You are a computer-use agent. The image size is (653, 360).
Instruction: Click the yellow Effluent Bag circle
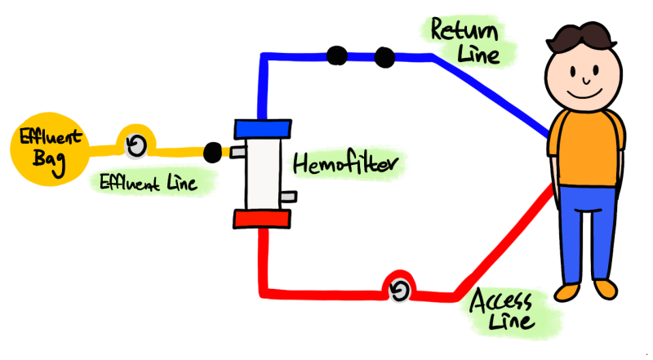click(x=37, y=146)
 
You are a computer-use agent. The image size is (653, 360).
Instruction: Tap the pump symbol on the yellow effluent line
click(x=136, y=146)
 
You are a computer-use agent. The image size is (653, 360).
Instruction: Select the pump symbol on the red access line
click(x=399, y=291)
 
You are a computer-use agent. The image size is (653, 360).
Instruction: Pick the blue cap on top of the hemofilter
click(x=263, y=128)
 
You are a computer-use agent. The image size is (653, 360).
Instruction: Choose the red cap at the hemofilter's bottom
click(x=261, y=219)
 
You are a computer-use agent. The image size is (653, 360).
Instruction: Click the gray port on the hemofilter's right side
click(x=287, y=197)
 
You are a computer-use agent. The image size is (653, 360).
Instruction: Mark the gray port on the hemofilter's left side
click(x=238, y=152)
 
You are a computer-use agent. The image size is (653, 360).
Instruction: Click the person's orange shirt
click(x=586, y=147)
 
